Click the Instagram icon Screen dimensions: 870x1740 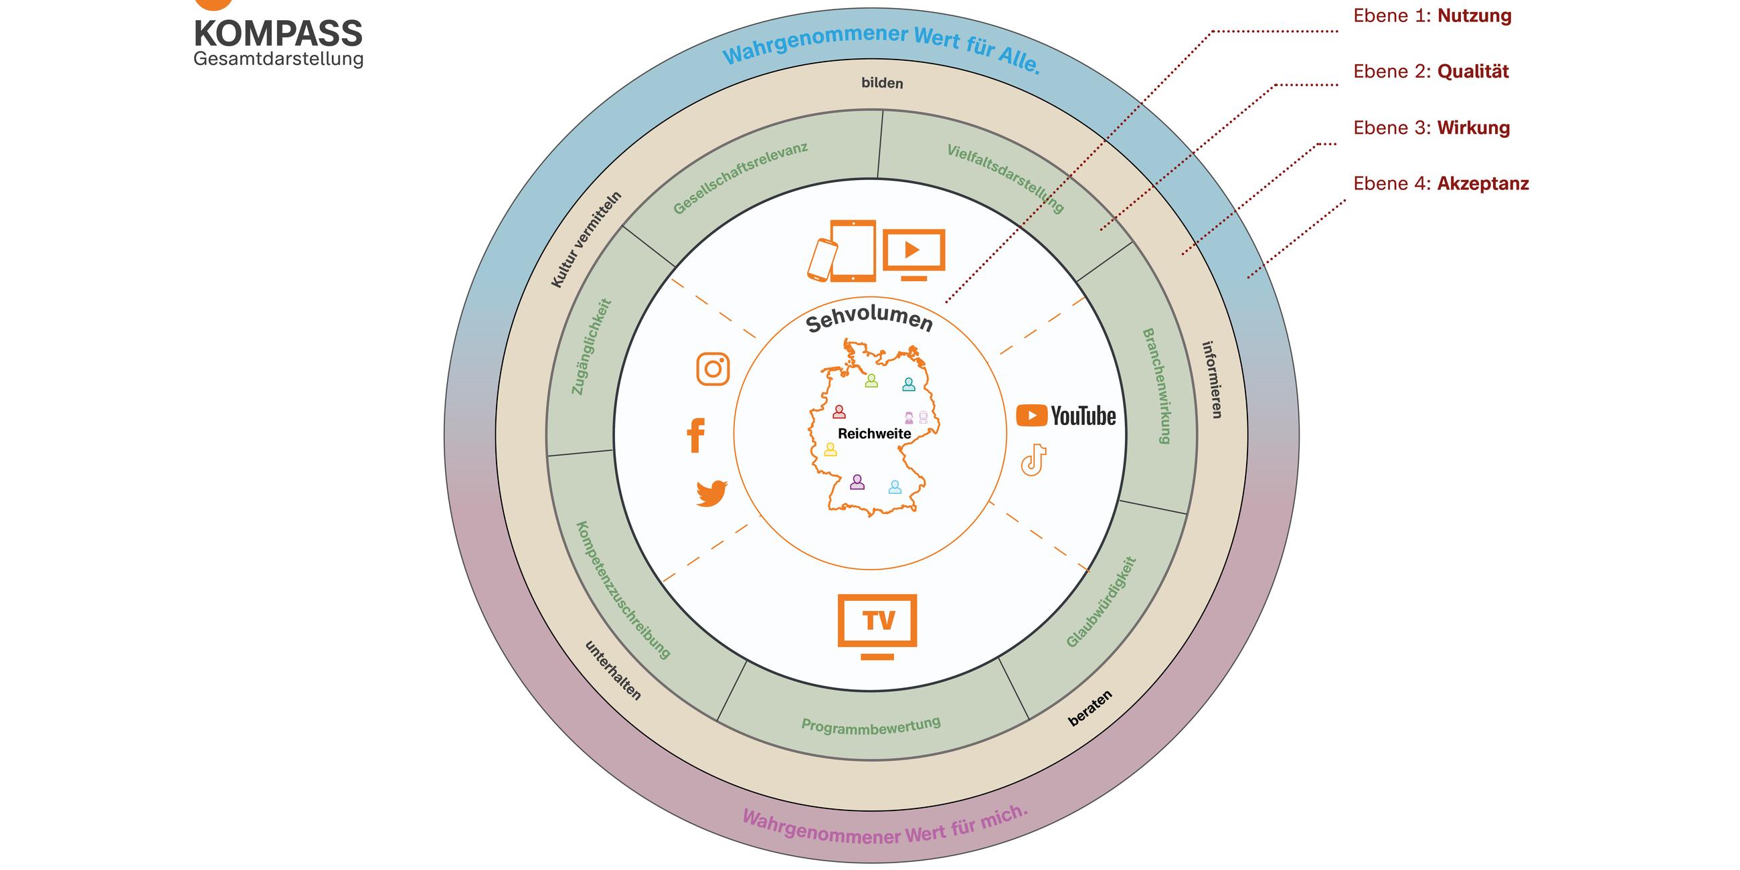tap(713, 369)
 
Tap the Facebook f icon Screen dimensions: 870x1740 tap(696, 435)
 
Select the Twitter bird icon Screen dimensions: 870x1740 tap(711, 493)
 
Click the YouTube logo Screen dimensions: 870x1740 tap(1065, 416)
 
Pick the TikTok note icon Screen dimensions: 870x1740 tap(1033, 460)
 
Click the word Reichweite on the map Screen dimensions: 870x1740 tap(874, 434)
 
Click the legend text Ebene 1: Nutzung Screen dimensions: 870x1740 tap(1432, 16)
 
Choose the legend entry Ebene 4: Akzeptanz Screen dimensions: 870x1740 tap(1441, 184)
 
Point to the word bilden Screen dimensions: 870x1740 tap(881, 83)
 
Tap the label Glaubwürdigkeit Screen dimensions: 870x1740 tap(1101, 602)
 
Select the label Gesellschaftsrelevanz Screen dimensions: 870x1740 tap(740, 178)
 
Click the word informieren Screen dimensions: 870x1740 tap(1213, 379)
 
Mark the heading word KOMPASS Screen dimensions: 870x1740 tap(278, 33)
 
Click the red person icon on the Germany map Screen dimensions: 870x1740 tap(839, 412)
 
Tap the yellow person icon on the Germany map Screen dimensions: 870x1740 tap(830, 450)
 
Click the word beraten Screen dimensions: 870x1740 tap(1090, 709)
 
